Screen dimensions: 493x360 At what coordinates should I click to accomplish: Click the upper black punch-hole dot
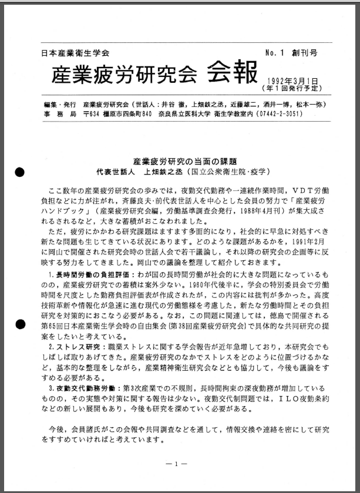click(20, 172)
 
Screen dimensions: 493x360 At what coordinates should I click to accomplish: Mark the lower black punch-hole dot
click(20, 324)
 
